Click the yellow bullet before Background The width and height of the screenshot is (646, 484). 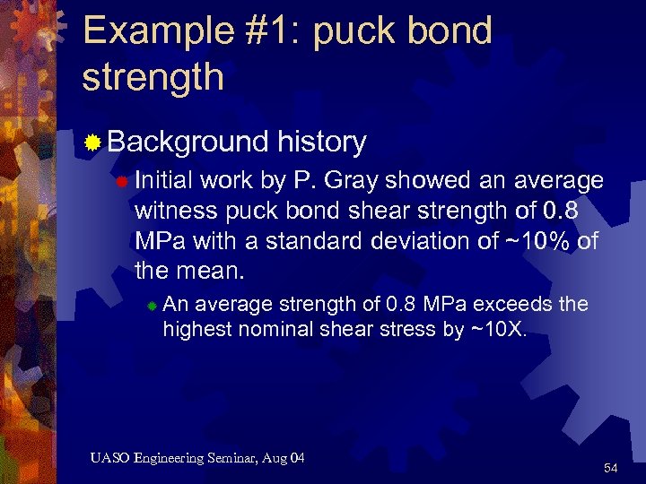click(92, 142)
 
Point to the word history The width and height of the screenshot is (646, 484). click(322, 142)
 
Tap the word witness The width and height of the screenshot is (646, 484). click(170, 211)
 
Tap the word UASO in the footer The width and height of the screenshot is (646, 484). click(109, 459)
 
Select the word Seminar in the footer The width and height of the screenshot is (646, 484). click(237, 459)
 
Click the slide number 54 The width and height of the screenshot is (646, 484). click(611, 469)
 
